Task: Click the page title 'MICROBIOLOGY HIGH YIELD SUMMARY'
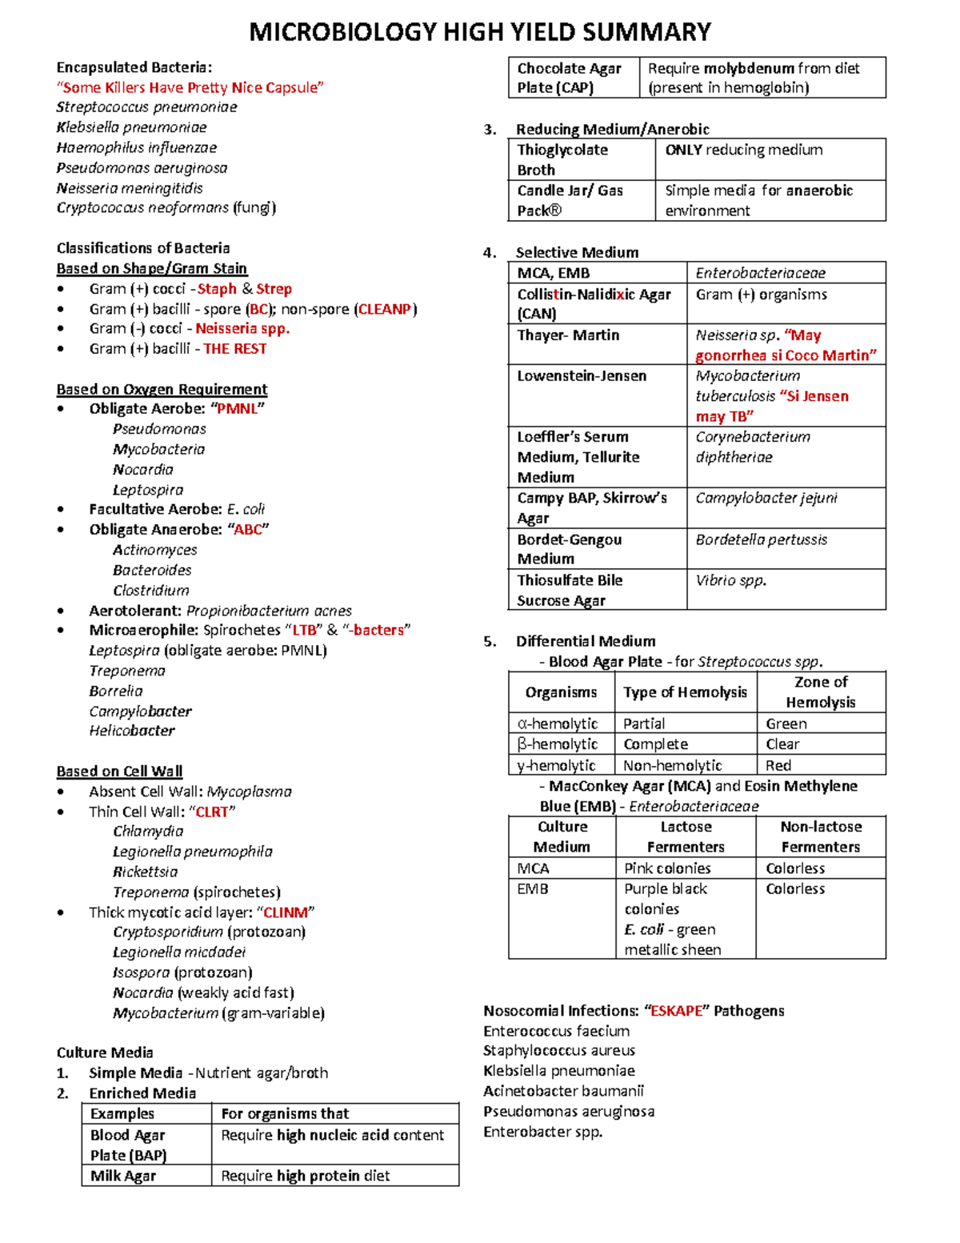click(x=480, y=32)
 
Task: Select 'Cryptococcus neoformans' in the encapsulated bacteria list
click(x=142, y=208)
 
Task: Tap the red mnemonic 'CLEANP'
click(x=385, y=309)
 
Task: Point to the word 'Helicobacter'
click(x=132, y=731)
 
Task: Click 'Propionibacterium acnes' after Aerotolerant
click(x=269, y=611)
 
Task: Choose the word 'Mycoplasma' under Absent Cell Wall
click(x=249, y=792)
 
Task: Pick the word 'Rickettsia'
click(x=145, y=872)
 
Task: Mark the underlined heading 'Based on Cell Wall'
click(x=119, y=772)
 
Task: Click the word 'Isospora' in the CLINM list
click(x=141, y=972)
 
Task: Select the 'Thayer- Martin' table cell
click(x=568, y=335)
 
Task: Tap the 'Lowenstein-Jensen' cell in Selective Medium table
click(x=582, y=376)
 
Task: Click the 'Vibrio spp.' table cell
click(x=730, y=580)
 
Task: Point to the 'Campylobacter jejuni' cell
click(x=766, y=498)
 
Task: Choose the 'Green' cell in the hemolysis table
click(x=786, y=724)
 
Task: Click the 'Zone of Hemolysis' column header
click(x=820, y=692)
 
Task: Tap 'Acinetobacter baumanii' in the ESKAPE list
click(x=563, y=1091)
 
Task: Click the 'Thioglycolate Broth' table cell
click(x=562, y=159)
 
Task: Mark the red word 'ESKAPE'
click(x=676, y=1011)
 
